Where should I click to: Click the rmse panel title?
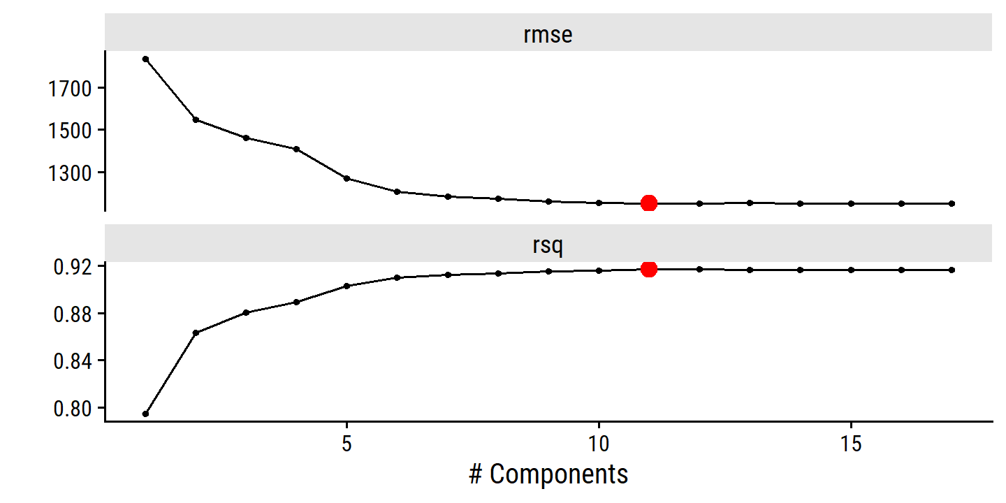[548, 34]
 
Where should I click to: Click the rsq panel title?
[548, 245]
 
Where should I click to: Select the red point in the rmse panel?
[649, 203]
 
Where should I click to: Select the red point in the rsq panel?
[649, 269]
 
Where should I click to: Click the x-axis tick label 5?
[347, 444]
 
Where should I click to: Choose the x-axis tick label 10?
[599, 444]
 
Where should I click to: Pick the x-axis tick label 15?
[851, 444]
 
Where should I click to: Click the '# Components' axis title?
[548, 474]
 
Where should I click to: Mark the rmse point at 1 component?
[145, 59]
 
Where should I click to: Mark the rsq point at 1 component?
[145, 414]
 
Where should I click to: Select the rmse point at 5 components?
[347, 178]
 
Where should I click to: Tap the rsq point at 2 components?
[196, 333]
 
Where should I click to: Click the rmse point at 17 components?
[952, 203]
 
